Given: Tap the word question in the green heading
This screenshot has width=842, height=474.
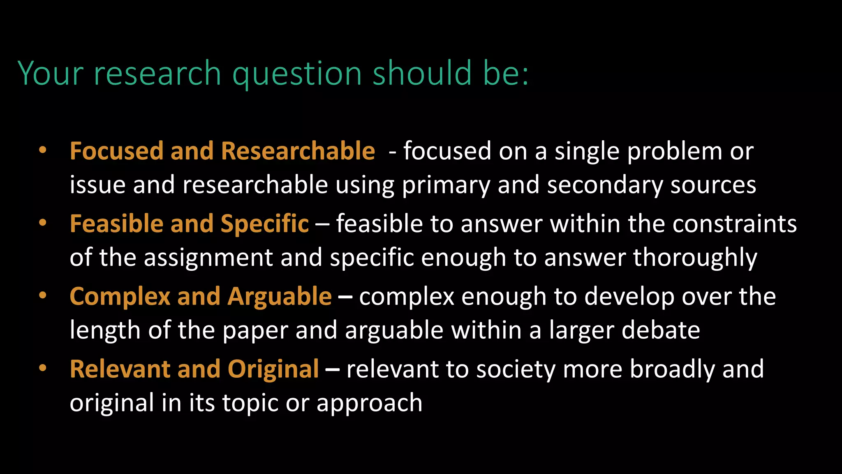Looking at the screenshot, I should point(297,74).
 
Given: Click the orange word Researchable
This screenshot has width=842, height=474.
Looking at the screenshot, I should point(298,151).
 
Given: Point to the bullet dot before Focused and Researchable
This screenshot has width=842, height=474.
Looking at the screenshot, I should point(43,150).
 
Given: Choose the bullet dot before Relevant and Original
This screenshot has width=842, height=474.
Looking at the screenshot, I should point(43,368).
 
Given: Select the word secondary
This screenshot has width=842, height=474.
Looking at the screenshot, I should point(605,184).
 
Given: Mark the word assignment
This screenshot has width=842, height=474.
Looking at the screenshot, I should point(208,258).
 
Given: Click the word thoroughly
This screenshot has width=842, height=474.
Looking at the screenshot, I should point(695,258).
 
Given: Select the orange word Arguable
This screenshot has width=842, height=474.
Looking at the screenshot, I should point(280,296).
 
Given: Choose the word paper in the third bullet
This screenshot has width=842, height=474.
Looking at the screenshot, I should point(255,331).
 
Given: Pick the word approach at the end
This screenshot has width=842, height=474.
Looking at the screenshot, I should point(369,403).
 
